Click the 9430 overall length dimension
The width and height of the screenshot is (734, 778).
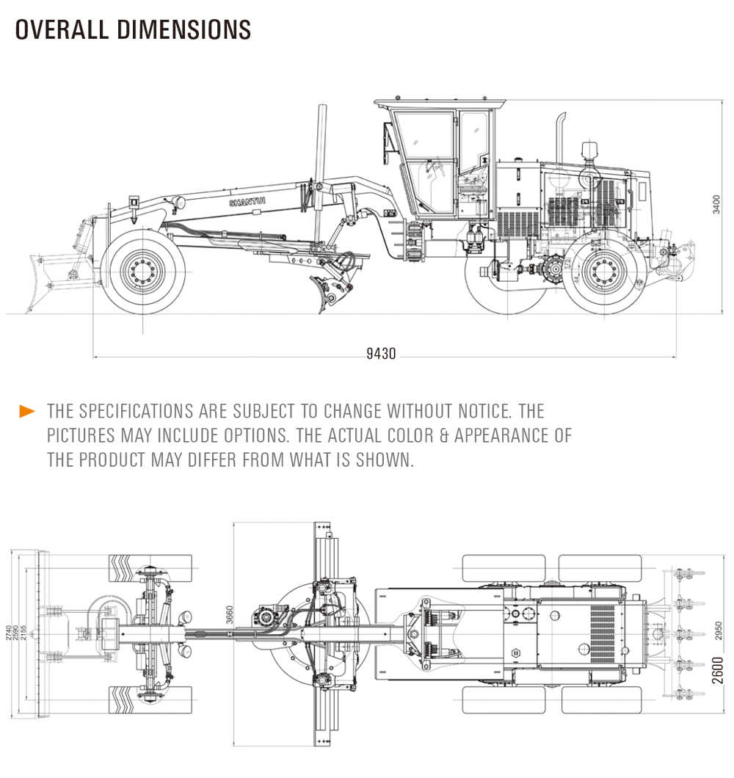pos(381,355)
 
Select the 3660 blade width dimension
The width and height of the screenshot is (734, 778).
pos(230,613)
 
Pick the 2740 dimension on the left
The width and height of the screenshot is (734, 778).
pos(9,632)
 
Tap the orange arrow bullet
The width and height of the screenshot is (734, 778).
pos(27,411)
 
